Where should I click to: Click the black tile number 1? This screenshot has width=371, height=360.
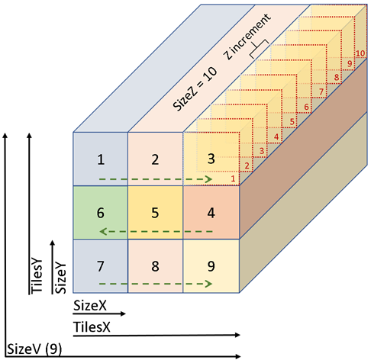point(101,159)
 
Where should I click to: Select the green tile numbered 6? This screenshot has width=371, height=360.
point(100,213)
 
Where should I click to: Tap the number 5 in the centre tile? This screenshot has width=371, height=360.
point(155,213)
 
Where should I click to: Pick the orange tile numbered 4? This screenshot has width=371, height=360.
point(211,213)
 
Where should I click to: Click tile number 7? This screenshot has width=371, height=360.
point(101,266)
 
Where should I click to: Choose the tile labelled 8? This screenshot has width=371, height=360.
point(155,266)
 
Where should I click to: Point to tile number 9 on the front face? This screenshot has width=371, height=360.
point(211,266)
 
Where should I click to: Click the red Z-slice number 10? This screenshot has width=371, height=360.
point(360,53)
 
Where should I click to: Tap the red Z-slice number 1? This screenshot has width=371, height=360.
point(233,178)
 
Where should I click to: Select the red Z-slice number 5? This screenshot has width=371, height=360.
point(292,122)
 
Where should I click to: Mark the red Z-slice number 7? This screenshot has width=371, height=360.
point(321,92)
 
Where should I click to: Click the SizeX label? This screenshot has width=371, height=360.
point(90,305)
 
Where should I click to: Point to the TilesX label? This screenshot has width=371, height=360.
point(92,326)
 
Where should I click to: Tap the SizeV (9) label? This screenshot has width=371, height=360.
point(34,349)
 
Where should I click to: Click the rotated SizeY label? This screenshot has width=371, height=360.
point(60,278)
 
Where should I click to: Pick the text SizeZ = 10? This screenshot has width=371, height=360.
point(195,89)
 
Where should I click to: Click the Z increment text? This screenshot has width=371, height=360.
point(247,37)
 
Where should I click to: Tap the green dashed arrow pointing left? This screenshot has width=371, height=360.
point(156,232)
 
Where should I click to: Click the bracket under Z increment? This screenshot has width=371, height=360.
point(259,49)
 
